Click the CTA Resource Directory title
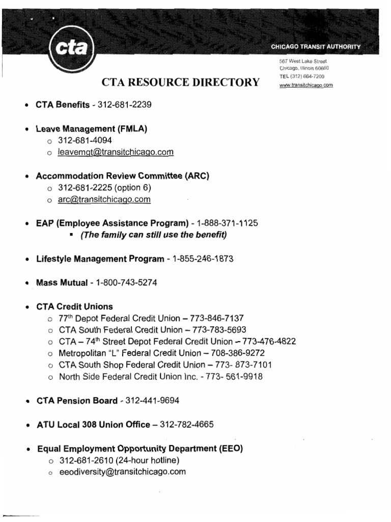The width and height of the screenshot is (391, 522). pyautogui.click(x=181, y=82)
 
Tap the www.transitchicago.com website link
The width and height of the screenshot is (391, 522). pyautogui.click(x=306, y=85)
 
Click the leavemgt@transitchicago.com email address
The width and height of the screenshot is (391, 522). pyautogui.click(x=116, y=152)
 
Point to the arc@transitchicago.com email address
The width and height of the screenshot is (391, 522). pyautogui.click(x=104, y=199)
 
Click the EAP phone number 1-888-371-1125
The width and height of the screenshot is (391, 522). pyautogui.click(x=230, y=223)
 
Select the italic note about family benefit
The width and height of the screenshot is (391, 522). pyautogui.click(x=150, y=235)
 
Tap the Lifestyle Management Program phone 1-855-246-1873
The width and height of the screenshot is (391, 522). pyautogui.click(x=203, y=259)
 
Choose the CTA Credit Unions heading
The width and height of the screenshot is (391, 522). pyautogui.click(x=74, y=306)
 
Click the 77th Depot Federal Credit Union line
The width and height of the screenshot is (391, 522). pyautogui.click(x=158, y=318)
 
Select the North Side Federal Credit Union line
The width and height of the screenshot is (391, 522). pyautogui.click(x=161, y=377)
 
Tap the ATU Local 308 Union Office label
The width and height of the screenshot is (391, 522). pyautogui.click(x=93, y=424)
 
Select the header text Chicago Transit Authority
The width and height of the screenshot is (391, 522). pyautogui.click(x=315, y=46)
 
